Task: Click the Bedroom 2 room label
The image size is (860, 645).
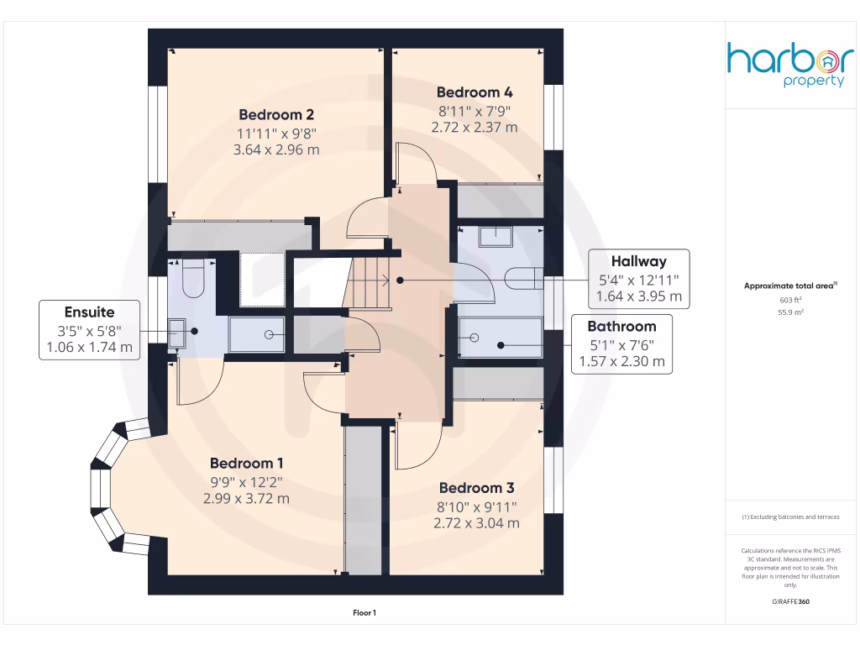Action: (275, 115)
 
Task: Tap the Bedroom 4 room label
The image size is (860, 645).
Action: (474, 92)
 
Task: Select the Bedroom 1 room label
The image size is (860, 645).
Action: (246, 463)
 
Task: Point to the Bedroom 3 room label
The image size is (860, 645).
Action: (476, 488)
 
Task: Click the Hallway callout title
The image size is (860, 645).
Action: (638, 262)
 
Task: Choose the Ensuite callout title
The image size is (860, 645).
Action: (89, 312)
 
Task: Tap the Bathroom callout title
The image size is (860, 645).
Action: (621, 326)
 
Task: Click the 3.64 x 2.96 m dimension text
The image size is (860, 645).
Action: (275, 150)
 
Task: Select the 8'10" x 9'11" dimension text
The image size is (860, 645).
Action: (476, 506)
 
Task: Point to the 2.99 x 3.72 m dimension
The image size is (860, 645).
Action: (246, 498)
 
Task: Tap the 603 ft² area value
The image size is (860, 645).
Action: (791, 300)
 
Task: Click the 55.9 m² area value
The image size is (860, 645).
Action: (791, 312)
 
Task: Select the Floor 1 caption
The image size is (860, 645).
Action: (364, 613)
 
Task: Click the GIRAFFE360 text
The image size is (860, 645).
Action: (791, 602)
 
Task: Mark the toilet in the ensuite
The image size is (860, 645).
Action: (192, 280)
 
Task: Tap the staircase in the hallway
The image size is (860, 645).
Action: (367, 281)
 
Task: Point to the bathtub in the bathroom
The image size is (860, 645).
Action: (500, 338)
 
